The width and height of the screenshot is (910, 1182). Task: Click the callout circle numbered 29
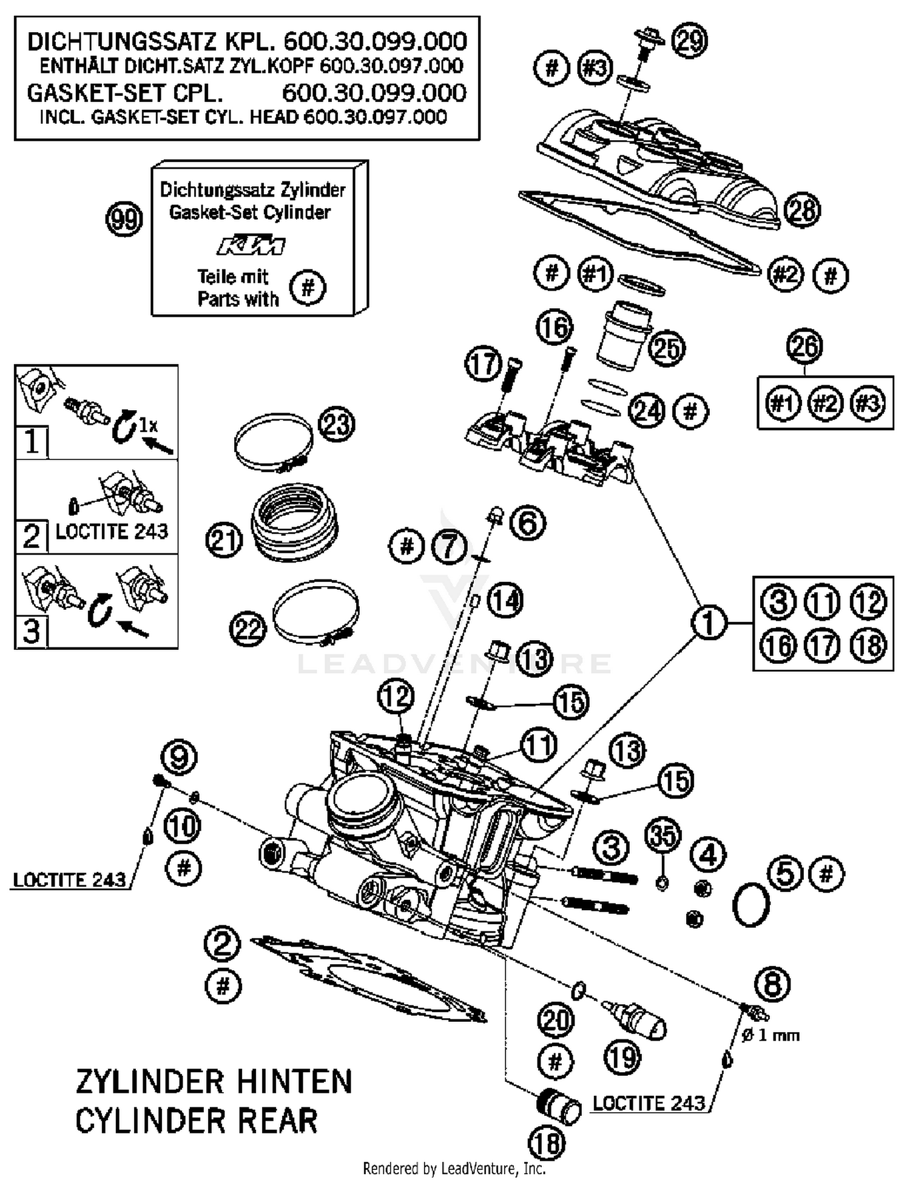690,41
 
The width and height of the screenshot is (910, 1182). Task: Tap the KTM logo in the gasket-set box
251,245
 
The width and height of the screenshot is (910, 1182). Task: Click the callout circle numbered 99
124,219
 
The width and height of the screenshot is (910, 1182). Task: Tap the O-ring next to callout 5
751,905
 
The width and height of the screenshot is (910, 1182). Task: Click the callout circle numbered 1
709,623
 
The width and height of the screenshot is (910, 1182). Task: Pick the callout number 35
662,836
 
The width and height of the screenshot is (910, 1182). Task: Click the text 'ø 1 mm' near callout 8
770,1035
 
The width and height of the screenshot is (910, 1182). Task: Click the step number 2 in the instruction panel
31,536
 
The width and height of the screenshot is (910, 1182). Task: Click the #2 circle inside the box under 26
825,403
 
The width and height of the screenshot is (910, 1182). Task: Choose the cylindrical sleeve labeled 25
624,337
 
